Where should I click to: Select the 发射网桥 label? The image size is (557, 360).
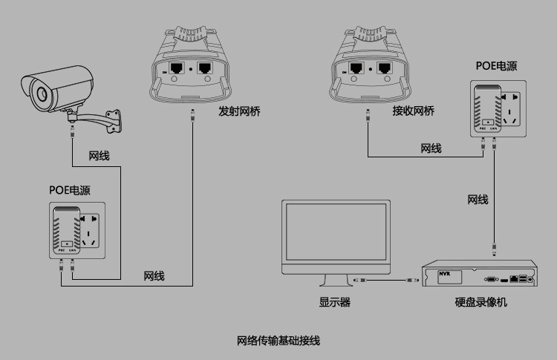click(x=240, y=111)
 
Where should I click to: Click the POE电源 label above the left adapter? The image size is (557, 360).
click(x=70, y=190)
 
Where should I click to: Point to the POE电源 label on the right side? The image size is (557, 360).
click(x=496, y=65)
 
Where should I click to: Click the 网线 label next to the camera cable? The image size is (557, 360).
click(x=99, y=155)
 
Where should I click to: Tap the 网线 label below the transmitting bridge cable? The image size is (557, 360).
click(x=154, y=276)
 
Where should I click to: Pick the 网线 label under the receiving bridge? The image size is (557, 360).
click(x=431, y=148)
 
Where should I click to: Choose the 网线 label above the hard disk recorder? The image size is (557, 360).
click(x=478, y=200)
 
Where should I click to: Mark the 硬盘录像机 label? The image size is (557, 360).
click(x=481, y=302)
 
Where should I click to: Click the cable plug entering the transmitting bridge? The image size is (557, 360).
click(x=193, y=116)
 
